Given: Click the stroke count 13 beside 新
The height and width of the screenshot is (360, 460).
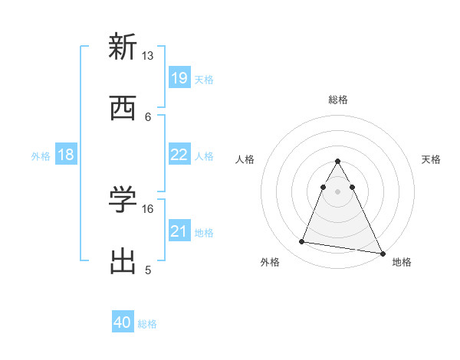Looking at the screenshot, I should click(x=148, y=55).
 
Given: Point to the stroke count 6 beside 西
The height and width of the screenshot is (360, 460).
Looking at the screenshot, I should click(x=148, y=116).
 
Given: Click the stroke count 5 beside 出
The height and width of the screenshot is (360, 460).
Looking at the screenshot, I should click(x=148, y=270).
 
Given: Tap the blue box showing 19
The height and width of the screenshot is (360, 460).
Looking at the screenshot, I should click(x=179, y=78).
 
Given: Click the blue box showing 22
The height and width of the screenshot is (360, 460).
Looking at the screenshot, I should click(x=179, y=155).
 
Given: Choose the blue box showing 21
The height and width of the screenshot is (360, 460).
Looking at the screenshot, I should click(x=179, y=231).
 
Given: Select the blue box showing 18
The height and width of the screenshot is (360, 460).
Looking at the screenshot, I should click(x=66, y=155).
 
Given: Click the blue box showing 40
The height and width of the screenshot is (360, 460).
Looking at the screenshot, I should click(x=123, y=322).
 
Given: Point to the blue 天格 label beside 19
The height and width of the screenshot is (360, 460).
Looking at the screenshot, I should click(x=204, y=79).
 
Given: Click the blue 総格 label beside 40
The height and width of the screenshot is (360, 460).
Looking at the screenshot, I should click(x=147, y=324).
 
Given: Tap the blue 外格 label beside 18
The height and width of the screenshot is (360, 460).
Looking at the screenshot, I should click(x=41, y=156).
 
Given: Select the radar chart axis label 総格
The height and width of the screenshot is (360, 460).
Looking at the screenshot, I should click(x=337, y=100).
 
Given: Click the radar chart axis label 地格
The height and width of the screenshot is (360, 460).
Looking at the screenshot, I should click(x=402, y=262).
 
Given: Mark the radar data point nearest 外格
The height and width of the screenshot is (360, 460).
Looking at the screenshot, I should click(x=302, y=242).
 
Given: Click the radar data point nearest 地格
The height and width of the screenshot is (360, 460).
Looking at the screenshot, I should click(x=383, y=254).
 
